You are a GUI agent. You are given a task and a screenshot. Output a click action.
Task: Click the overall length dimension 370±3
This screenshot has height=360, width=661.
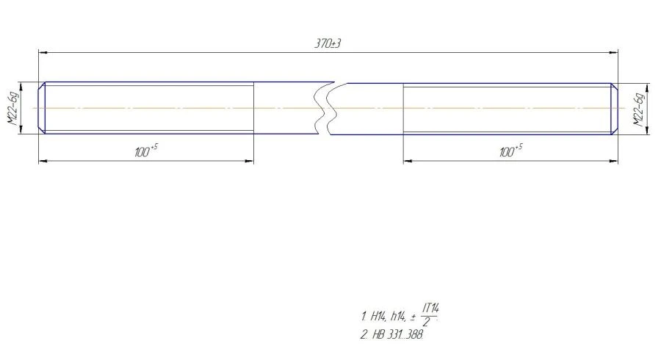[328, 44]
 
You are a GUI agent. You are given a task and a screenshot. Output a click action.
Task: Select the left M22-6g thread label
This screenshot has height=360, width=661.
[12, 108]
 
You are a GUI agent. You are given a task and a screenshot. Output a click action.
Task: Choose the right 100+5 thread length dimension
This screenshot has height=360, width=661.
[511, 151]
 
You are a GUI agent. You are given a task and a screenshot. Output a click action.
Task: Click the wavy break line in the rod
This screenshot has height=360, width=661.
[325, 108]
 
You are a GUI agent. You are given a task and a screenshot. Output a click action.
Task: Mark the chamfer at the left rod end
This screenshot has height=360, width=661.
[42, 108]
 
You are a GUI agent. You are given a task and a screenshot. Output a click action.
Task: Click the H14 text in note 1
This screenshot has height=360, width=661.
[378, 317]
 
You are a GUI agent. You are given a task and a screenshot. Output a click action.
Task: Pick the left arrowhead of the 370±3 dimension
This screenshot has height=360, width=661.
[42, 52]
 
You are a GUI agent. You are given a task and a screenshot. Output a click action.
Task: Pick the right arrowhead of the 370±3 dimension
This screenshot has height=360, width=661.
[614, 52]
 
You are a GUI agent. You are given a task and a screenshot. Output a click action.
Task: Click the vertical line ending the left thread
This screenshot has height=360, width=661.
[254, 108]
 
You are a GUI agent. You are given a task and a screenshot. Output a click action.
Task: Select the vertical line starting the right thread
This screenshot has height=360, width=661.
[403, 108]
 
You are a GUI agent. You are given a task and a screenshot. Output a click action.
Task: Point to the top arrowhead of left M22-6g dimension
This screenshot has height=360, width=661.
[22, 86]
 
